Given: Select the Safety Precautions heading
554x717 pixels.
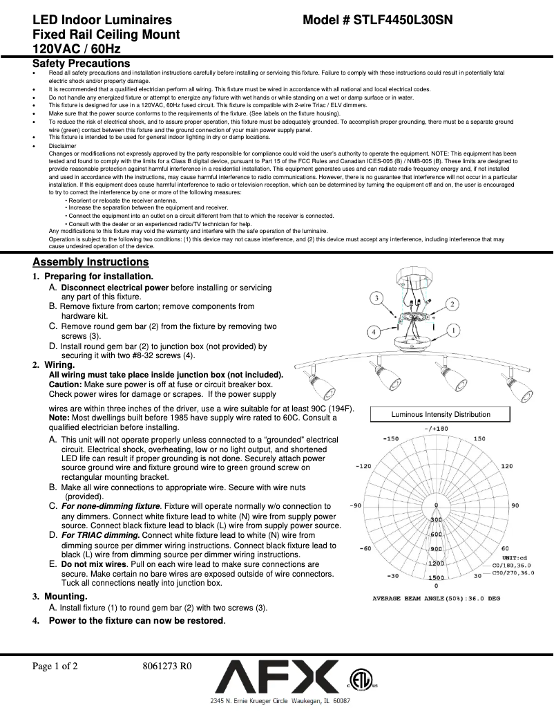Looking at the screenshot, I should [x=82, y=64].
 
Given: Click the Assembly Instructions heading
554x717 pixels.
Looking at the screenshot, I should [x=90, y=262].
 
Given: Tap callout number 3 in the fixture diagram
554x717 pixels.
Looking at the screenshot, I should [x=376, y=298].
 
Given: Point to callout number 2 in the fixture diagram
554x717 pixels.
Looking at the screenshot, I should [x=452, y=304].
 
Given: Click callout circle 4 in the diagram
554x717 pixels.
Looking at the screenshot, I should [x=373, y=332].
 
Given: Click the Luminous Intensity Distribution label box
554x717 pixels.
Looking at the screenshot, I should [x=441, y=414].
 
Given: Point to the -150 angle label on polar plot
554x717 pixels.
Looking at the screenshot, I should [x=391, y=439].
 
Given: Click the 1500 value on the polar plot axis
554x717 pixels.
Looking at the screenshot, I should [x=436, y=577].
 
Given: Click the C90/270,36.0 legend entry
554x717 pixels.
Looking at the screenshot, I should [x=512, y=572].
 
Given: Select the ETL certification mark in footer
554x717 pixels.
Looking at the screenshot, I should [x=358, y=678].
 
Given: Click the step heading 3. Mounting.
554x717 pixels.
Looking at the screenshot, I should [x=60, y=596].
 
